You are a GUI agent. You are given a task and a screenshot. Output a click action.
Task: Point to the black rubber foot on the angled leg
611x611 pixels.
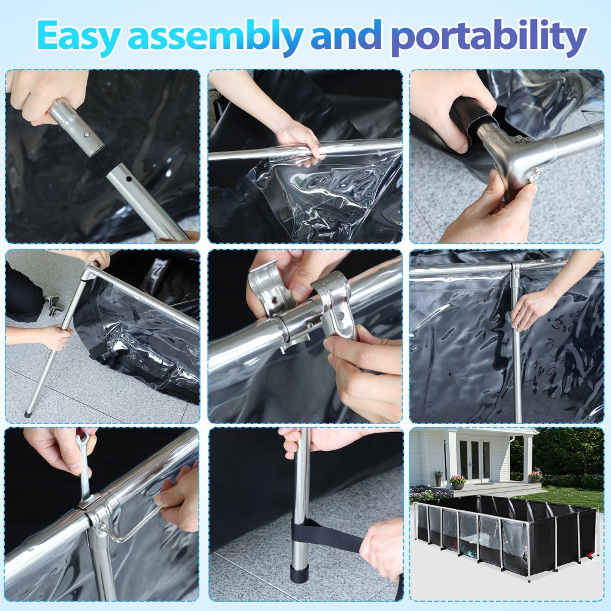28,413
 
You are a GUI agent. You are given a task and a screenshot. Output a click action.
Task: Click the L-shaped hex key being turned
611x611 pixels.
131,529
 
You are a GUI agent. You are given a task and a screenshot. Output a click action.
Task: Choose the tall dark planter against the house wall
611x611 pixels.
437,478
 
